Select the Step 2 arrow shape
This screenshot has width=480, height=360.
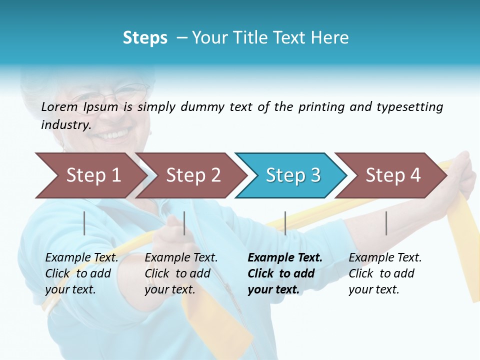tap(192, 175)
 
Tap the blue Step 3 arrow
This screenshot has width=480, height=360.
tap(292, 175)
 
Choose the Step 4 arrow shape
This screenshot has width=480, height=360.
tap(392, 175)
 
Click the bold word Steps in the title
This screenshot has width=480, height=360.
tap(145, 38)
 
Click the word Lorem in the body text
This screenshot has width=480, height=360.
tap(59, 107)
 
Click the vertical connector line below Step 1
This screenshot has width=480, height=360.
tap(84, 223)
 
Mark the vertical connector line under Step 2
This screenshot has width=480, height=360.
tap(184, 223)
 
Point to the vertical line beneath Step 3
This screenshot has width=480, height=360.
tap(285, 223)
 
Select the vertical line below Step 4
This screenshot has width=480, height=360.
tap(386, 223)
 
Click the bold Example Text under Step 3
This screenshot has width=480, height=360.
tap(285, 258)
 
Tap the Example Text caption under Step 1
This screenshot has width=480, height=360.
tap(82, 258)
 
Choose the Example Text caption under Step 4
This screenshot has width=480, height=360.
tap(385, 258)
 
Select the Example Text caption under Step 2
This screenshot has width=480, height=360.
tap(181, 258)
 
